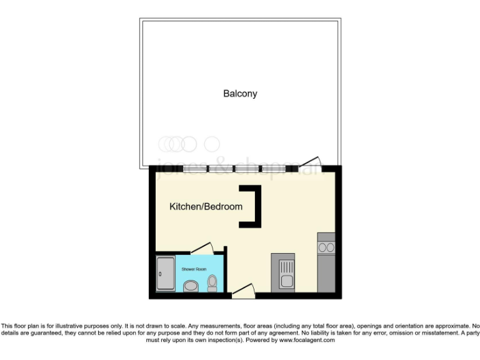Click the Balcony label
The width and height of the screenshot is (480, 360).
click(x=240, y=94)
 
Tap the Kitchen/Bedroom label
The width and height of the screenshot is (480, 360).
click(x=206, y=206)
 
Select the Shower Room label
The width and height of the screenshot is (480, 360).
click(x=194, y=269)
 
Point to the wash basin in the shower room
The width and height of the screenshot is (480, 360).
click(x=191, y=286)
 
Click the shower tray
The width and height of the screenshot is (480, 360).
click(x=165, y=274)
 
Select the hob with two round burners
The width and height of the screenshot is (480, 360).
click(x=326, y=247)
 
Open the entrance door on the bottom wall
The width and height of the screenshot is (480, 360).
click(x=243, y=291)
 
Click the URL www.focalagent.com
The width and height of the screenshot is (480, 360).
click(x=307, y=341)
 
